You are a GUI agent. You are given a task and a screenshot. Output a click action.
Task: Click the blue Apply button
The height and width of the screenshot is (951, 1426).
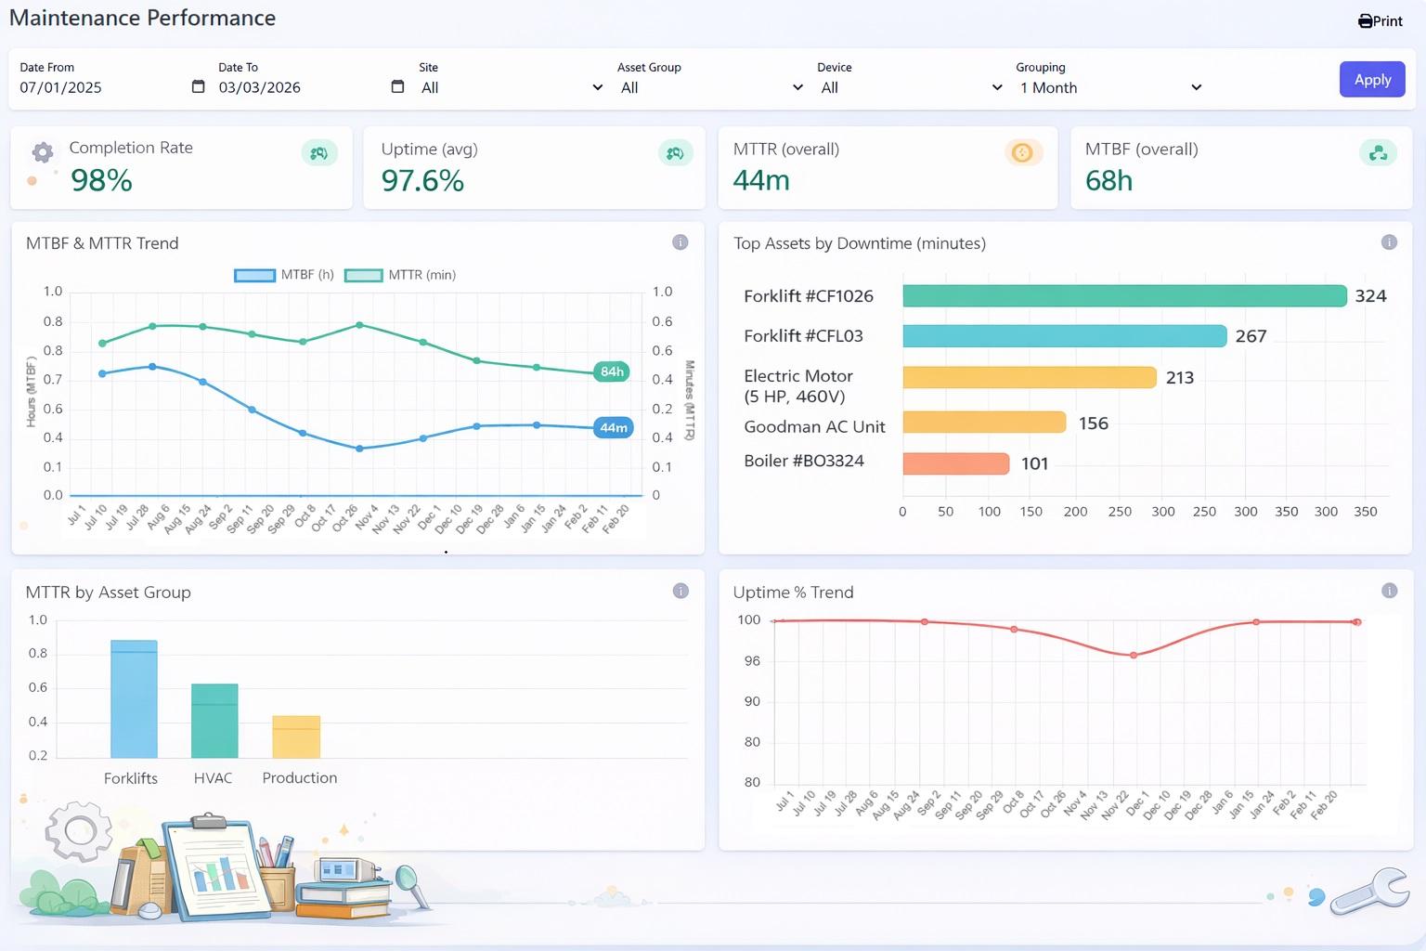[1371, 80]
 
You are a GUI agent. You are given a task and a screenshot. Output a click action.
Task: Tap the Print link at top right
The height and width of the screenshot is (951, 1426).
[1381, 21]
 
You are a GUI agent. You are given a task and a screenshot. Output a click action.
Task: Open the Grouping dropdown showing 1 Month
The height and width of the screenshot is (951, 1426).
[1108, 87]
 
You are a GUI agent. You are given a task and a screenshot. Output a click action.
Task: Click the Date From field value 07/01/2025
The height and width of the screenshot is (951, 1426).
[61, 87]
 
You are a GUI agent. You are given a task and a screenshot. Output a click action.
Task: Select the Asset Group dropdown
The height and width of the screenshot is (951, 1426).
[710, 87]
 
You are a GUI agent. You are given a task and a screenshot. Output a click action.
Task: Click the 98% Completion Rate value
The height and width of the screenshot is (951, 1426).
[101, 180]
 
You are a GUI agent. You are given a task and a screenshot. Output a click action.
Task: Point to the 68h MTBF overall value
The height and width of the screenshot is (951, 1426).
[1108, 180]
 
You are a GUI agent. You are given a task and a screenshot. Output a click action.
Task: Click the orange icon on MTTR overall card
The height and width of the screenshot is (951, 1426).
[1022, 153]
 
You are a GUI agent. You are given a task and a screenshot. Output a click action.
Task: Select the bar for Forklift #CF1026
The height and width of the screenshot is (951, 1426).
[1123, 296]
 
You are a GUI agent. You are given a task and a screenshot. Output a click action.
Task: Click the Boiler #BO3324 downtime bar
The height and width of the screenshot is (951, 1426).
[955, 463]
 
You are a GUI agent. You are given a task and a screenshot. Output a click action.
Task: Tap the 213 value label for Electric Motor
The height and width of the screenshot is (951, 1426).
[1179, 378]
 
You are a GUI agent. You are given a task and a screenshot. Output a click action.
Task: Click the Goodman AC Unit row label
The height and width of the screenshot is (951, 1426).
[814, 427]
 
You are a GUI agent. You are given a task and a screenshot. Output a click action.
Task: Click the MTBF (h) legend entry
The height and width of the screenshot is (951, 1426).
[284, 275]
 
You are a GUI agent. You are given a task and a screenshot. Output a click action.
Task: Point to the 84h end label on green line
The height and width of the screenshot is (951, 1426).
[612, 371]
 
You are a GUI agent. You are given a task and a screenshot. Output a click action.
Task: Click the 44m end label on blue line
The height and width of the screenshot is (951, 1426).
[613, 428]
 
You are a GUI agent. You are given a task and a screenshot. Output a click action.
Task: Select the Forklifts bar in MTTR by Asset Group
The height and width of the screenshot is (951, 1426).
[134, 698]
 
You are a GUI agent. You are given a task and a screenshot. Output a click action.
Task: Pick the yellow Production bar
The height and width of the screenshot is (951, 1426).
[296, 736]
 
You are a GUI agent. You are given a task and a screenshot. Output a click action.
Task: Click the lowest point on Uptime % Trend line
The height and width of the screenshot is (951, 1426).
[1134, 655]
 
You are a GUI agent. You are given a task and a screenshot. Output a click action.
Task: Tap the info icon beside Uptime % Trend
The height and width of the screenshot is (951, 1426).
[1389, 591]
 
